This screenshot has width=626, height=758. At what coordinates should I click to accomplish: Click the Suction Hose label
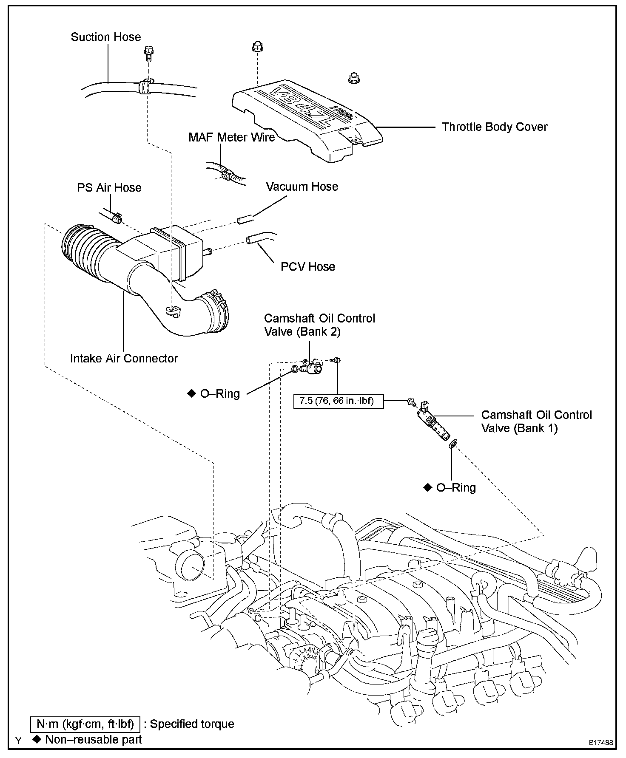106,37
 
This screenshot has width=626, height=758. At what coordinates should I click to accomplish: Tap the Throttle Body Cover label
495,127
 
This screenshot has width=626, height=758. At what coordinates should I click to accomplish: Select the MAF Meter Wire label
232,137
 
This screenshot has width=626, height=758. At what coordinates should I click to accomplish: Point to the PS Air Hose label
109,188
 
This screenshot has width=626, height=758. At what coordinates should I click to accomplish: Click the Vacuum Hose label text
302,187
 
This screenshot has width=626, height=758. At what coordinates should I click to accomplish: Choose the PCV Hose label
308,267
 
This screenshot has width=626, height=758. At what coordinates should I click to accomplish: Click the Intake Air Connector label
124,359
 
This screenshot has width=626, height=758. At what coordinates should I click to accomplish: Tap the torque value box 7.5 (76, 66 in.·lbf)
339,401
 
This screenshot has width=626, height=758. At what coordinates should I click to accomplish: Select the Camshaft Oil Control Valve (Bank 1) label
536,421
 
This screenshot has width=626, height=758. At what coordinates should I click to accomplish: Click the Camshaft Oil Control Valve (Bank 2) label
319,325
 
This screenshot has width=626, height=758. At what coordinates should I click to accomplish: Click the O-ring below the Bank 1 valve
453,444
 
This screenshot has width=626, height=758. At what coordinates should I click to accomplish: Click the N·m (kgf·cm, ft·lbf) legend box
85,724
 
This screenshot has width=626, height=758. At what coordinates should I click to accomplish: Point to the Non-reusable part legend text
93,740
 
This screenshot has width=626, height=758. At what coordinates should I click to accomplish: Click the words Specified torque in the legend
192,724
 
